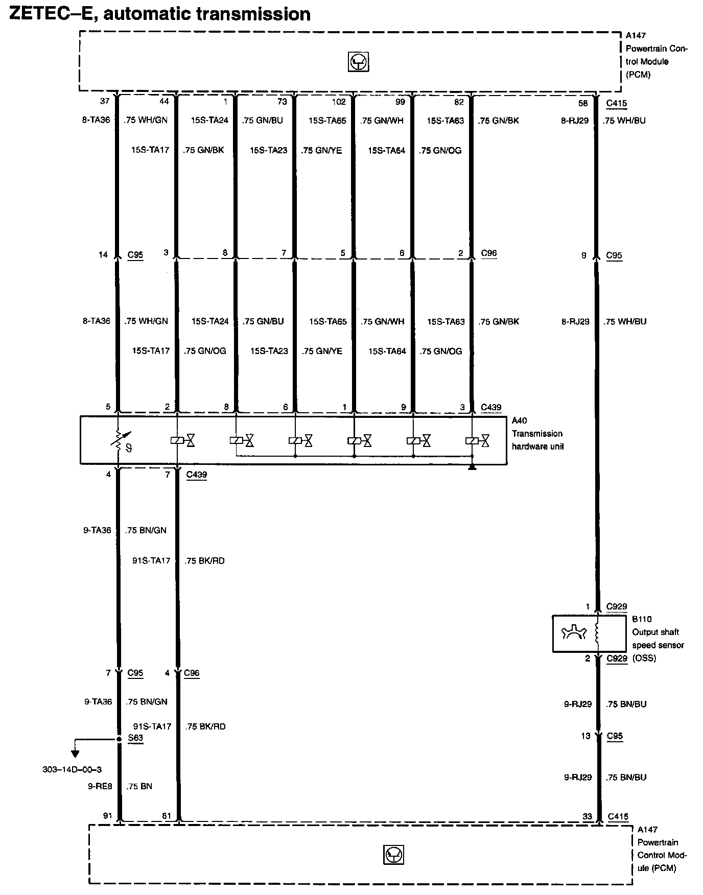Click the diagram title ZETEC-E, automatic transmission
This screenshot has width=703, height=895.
point(160,13)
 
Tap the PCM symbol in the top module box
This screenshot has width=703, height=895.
point(358,62)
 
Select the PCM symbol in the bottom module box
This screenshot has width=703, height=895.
point(393,855)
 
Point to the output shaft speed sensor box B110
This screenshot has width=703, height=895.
point(589,633)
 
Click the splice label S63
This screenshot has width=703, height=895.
point(135,738)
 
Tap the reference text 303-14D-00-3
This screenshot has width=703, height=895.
point(72,769)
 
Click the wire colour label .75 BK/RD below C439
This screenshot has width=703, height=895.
point(205,560)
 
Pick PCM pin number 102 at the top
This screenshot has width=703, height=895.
point(339,102)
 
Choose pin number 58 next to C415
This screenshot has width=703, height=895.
point(582,103)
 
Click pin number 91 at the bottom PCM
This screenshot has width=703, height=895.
point(107,816)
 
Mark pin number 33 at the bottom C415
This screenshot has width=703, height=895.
point(587,817)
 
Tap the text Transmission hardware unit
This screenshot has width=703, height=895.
point(537,440)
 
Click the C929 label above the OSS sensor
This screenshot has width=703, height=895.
point(616,607)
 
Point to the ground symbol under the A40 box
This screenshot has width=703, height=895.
point(473,467)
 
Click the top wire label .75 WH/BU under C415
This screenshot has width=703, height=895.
point(624,121)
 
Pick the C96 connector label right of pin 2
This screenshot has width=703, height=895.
point(488,253)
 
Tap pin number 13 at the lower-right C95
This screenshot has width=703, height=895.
point(585,736)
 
